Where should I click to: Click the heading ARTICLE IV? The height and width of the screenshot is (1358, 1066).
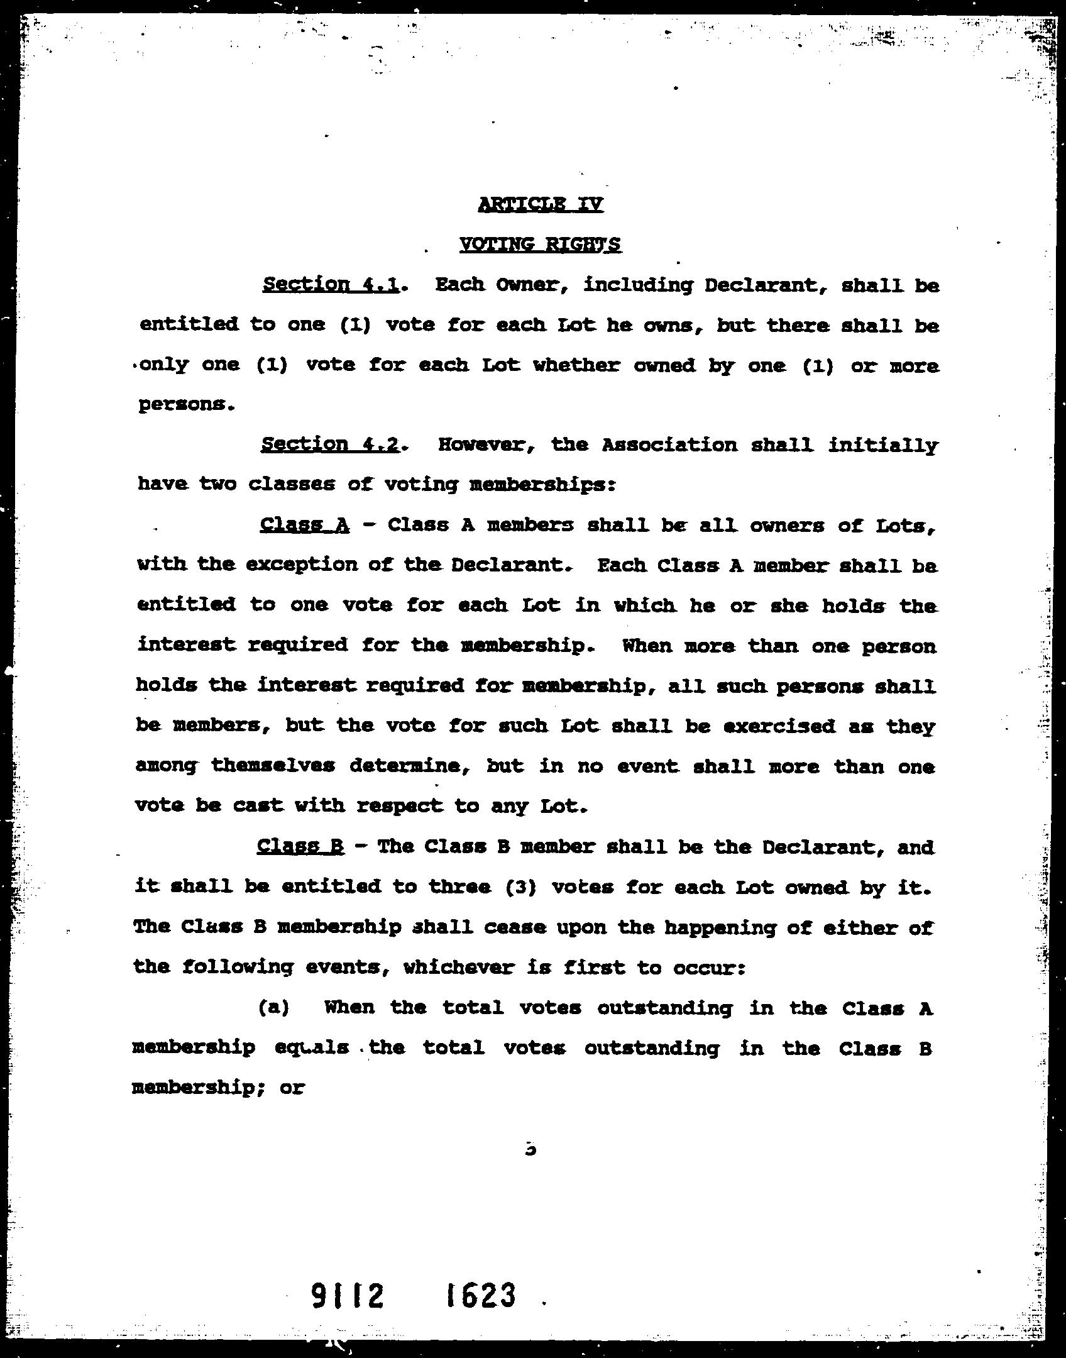(x=541, y=204)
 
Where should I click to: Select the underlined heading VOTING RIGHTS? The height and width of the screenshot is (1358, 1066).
(x=541, y=244)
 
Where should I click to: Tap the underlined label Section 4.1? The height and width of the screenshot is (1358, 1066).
(x=331, y=285)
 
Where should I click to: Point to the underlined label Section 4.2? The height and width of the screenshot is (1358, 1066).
(x=330, y=444)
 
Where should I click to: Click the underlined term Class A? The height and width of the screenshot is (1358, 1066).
(x=304, y=525)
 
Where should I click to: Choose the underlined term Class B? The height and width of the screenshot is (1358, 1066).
(x=300, y=846)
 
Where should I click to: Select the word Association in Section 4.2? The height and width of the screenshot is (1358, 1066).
(x=669, y=445)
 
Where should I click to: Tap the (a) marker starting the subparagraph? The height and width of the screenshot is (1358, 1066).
(x=273, y=1008)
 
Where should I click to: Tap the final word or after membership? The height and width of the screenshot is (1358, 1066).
(x=292, y=1088)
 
